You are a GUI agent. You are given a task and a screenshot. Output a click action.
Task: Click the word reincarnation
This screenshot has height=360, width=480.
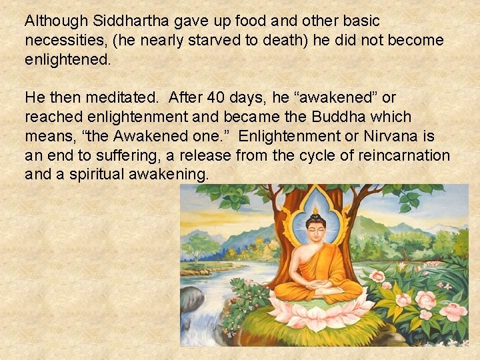pos(407,155)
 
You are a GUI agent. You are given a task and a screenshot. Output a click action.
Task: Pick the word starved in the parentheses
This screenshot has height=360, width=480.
pos(215,40)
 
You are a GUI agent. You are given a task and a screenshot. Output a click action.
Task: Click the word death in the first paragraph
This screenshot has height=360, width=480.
pos(283,40)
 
